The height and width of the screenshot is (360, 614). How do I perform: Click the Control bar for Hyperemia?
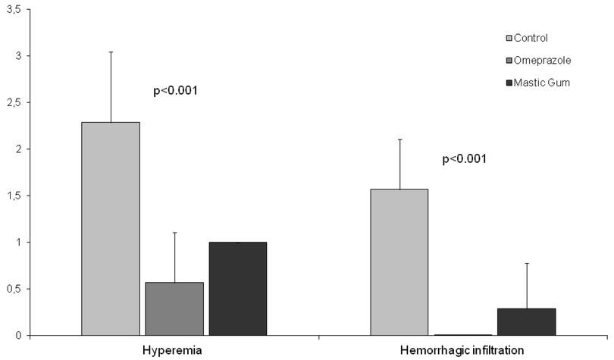tap(111, 228)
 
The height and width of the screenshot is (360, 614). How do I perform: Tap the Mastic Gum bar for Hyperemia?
tap(238, 289)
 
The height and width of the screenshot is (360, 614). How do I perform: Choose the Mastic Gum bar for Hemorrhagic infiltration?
tap(527, 321)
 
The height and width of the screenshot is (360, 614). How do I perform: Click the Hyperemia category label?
tap(174, 351)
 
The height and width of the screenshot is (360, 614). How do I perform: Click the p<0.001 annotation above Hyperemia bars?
tap(175, 91)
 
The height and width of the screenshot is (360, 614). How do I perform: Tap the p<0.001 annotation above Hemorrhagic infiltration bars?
tap(463, 159)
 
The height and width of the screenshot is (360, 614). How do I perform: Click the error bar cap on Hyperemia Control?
tap(111, 52)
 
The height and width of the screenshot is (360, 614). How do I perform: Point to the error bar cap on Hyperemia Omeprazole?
tap(174, 233)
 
